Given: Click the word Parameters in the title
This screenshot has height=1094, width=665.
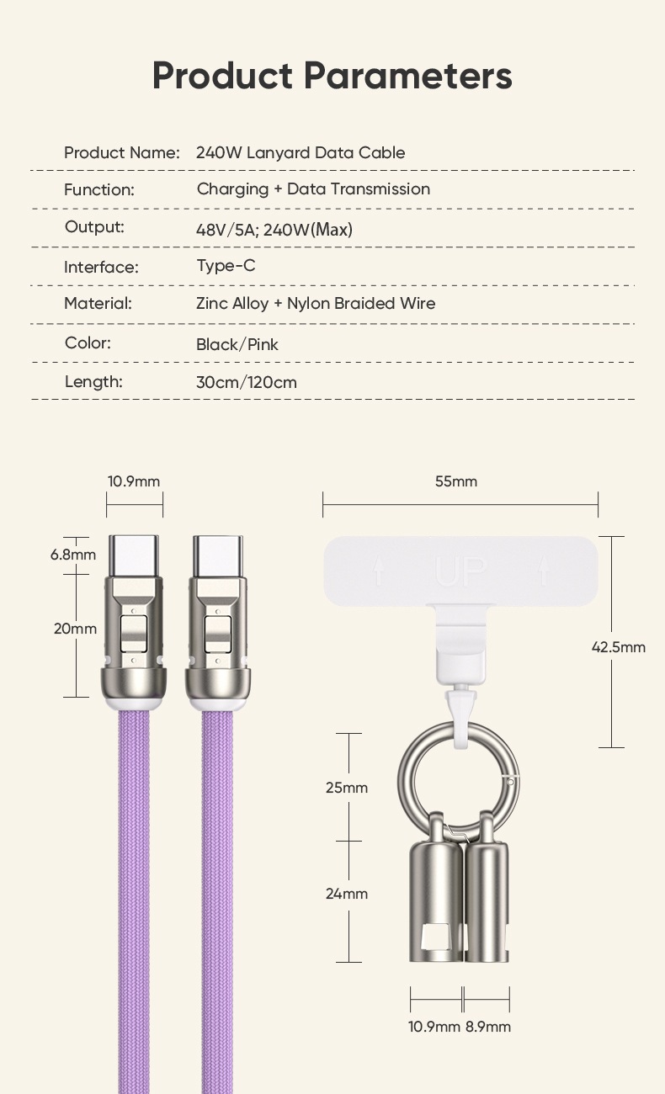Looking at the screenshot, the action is [407, 76].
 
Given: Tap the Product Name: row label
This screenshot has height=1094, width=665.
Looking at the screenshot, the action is [122, 153].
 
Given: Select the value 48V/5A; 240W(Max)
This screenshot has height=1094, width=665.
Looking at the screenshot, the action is [274, 229].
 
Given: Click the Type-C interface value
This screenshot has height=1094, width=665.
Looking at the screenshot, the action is [226, 266].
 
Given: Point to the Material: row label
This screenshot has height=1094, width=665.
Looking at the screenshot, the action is [98, 303].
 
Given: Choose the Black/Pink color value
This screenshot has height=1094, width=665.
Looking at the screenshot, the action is [237, 344].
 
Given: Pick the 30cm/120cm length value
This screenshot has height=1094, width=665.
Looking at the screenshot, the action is [247, 382].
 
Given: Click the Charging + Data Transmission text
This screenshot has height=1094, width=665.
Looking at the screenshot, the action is [313, 189].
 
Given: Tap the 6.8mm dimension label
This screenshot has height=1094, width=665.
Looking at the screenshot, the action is [72, 555].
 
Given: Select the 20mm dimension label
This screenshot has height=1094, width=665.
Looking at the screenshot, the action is [75, 629].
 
